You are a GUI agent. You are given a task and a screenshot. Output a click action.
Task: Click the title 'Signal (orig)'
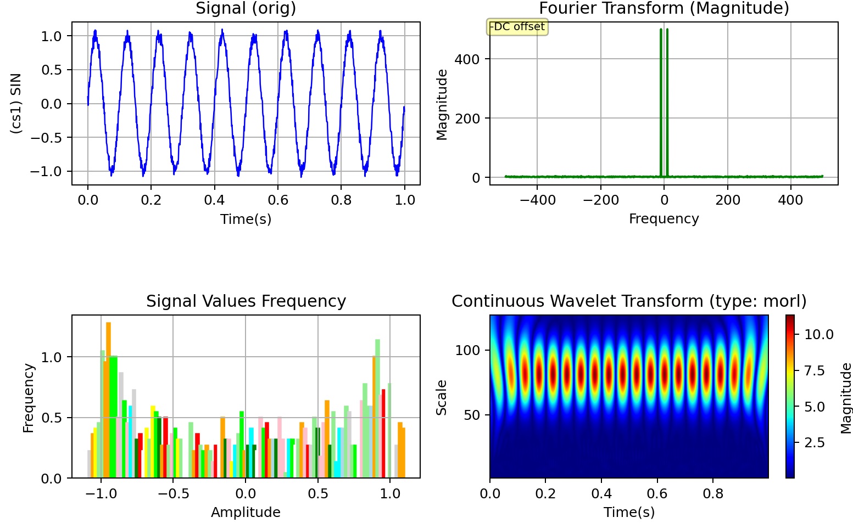tap(246, 9)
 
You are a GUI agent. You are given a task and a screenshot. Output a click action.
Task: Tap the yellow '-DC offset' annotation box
tap(517, 27)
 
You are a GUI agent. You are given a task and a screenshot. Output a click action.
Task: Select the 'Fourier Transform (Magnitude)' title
tap(664, 9)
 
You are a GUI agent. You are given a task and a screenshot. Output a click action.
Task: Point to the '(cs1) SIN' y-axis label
tap(16, 103)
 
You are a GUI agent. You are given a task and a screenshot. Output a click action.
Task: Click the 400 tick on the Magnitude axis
tap(467, 59)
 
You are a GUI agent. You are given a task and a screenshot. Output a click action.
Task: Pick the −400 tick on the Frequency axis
tap(537, 200)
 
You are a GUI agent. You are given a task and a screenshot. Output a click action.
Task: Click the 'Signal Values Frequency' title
tap(246, 301)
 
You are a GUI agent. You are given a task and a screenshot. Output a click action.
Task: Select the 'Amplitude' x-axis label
tap(246, 512)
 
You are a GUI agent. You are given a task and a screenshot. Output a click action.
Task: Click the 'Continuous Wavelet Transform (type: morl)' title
tap(629, 301)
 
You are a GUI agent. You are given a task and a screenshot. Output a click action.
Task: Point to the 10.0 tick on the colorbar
tap(818, 335)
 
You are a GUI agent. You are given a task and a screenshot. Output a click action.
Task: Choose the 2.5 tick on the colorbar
tap(814, 443)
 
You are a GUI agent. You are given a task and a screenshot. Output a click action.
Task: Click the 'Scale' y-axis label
tap(442, 397)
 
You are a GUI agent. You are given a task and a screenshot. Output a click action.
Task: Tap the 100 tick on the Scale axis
tap(467, 350)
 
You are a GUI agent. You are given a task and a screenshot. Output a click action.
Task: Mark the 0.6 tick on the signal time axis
tap(278, 200)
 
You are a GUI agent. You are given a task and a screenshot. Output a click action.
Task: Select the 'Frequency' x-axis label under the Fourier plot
tap(664, 219)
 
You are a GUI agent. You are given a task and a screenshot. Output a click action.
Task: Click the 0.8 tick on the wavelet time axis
tap(713, 493)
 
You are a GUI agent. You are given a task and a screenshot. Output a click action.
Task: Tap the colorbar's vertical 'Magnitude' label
tap(846, 397)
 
